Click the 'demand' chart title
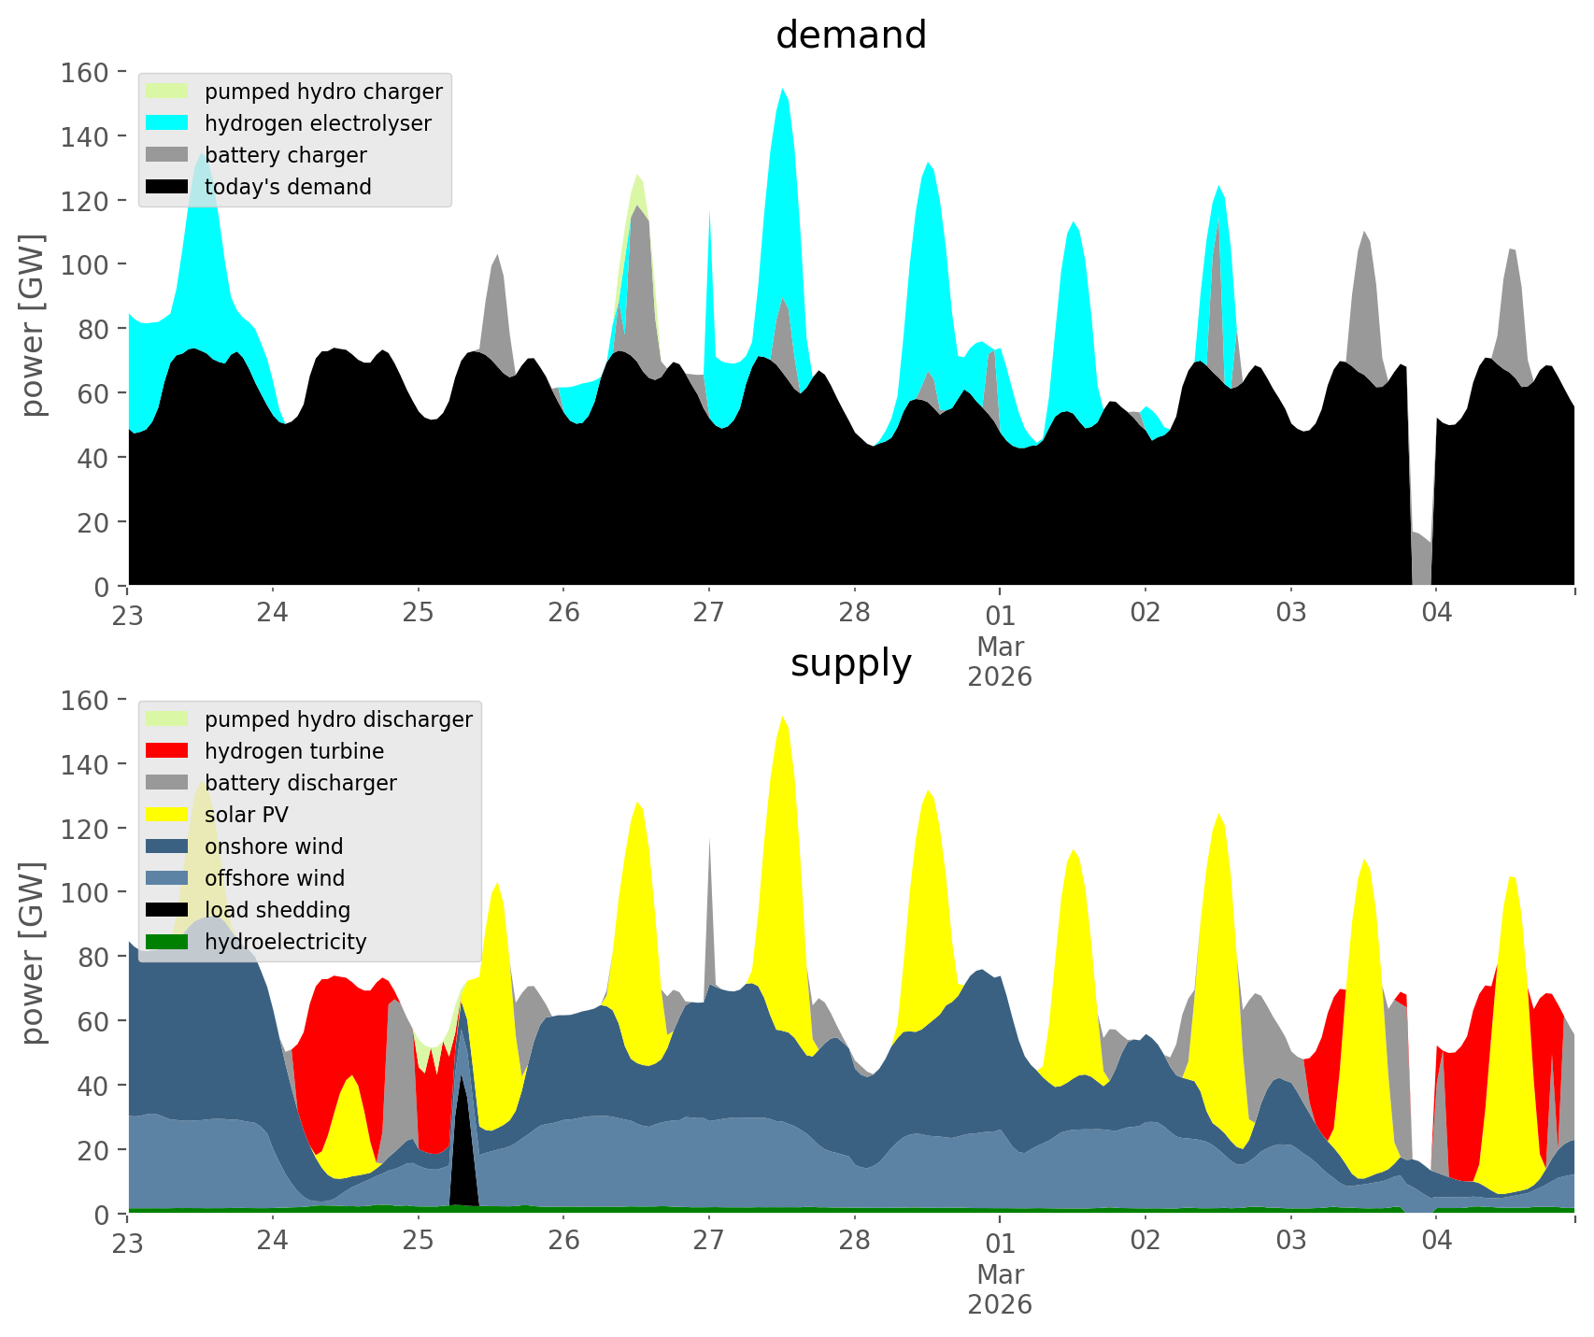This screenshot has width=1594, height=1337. [x=850, y=36]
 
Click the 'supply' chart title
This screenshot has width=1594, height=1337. [x=850, y=663]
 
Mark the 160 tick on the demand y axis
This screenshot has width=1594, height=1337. [x=85, y=72]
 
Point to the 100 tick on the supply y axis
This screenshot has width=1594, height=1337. [x=85, y=892]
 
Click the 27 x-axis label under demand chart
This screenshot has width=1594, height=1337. [x=709, y=613]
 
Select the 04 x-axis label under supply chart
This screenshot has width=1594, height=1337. [x=1436, y=1241]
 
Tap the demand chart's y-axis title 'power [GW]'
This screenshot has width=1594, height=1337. [x=33, y=325]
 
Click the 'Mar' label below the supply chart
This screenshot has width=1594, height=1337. [x=1000, y=1274]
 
